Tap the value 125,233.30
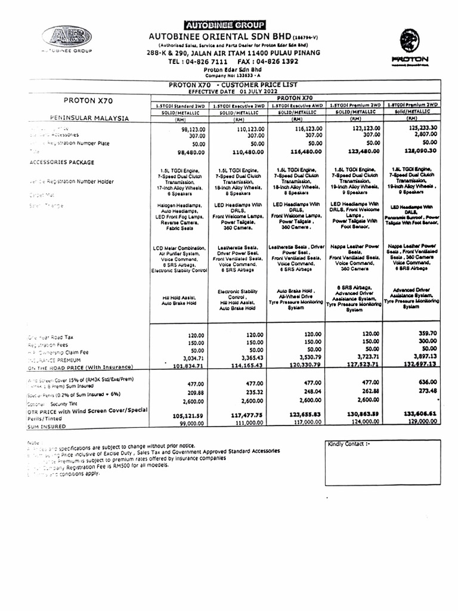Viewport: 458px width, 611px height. click(420, 128)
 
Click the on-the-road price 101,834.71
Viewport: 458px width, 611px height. click(188, 365)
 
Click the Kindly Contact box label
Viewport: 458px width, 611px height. click(349, 444)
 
